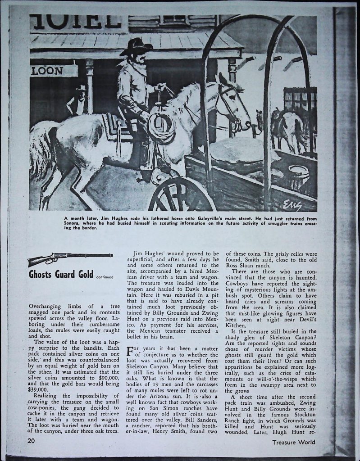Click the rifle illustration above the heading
[70, 258]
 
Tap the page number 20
[31, 441]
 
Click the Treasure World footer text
[293, 442]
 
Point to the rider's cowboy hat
[136, 46]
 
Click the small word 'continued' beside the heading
[104, 277]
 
